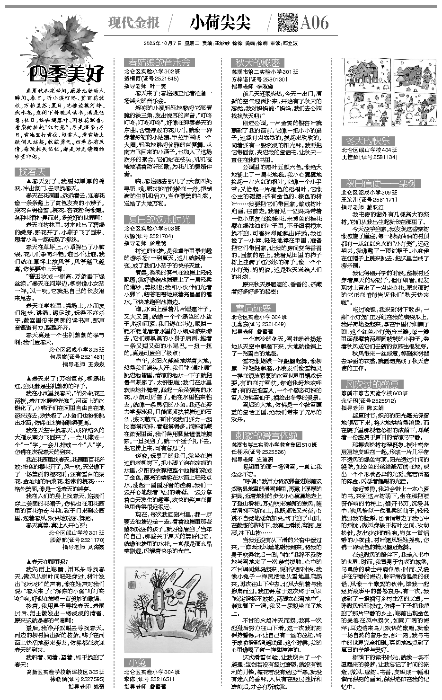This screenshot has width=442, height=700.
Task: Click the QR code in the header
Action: [287, 22]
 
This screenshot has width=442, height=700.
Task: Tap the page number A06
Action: [314, 22]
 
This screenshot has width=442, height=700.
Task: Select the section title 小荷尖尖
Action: [220, 22]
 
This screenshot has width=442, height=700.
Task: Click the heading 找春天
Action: [32, 171]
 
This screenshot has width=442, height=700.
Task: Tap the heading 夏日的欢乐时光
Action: [157, 219]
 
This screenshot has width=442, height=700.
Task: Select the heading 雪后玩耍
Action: [250, 308]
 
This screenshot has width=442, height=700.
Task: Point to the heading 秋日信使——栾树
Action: [381, 183]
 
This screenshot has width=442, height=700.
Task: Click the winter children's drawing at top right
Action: [389, 95]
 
